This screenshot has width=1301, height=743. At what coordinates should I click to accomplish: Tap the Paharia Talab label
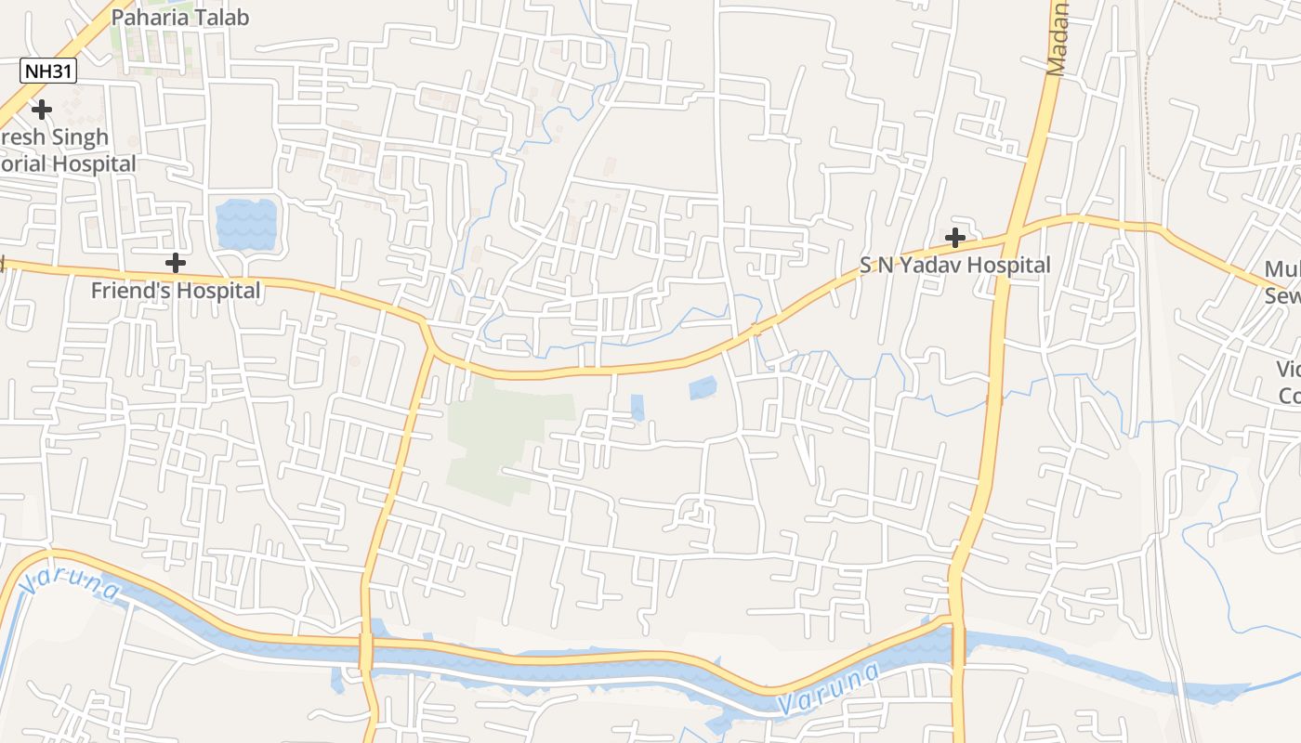(x=180, y=17)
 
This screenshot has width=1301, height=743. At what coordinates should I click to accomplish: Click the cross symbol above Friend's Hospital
(x=175, y=263)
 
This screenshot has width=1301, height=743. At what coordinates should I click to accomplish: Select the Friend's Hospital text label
(x=176, y=291)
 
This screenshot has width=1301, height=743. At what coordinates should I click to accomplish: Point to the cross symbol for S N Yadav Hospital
(x=954, y=238)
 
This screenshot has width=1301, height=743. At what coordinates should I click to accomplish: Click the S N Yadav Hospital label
(x=954, y=265)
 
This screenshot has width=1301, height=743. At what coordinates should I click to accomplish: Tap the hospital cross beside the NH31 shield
(x=41, y=110)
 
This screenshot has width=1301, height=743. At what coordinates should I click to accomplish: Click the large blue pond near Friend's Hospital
(x=246, y=225)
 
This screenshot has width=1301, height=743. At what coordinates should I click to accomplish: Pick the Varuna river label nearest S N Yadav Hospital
(x=829, y=687)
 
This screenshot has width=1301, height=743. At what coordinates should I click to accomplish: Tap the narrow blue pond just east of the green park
(x=637, y=407)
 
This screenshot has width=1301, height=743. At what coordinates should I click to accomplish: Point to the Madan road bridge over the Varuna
(x=957, y=641)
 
